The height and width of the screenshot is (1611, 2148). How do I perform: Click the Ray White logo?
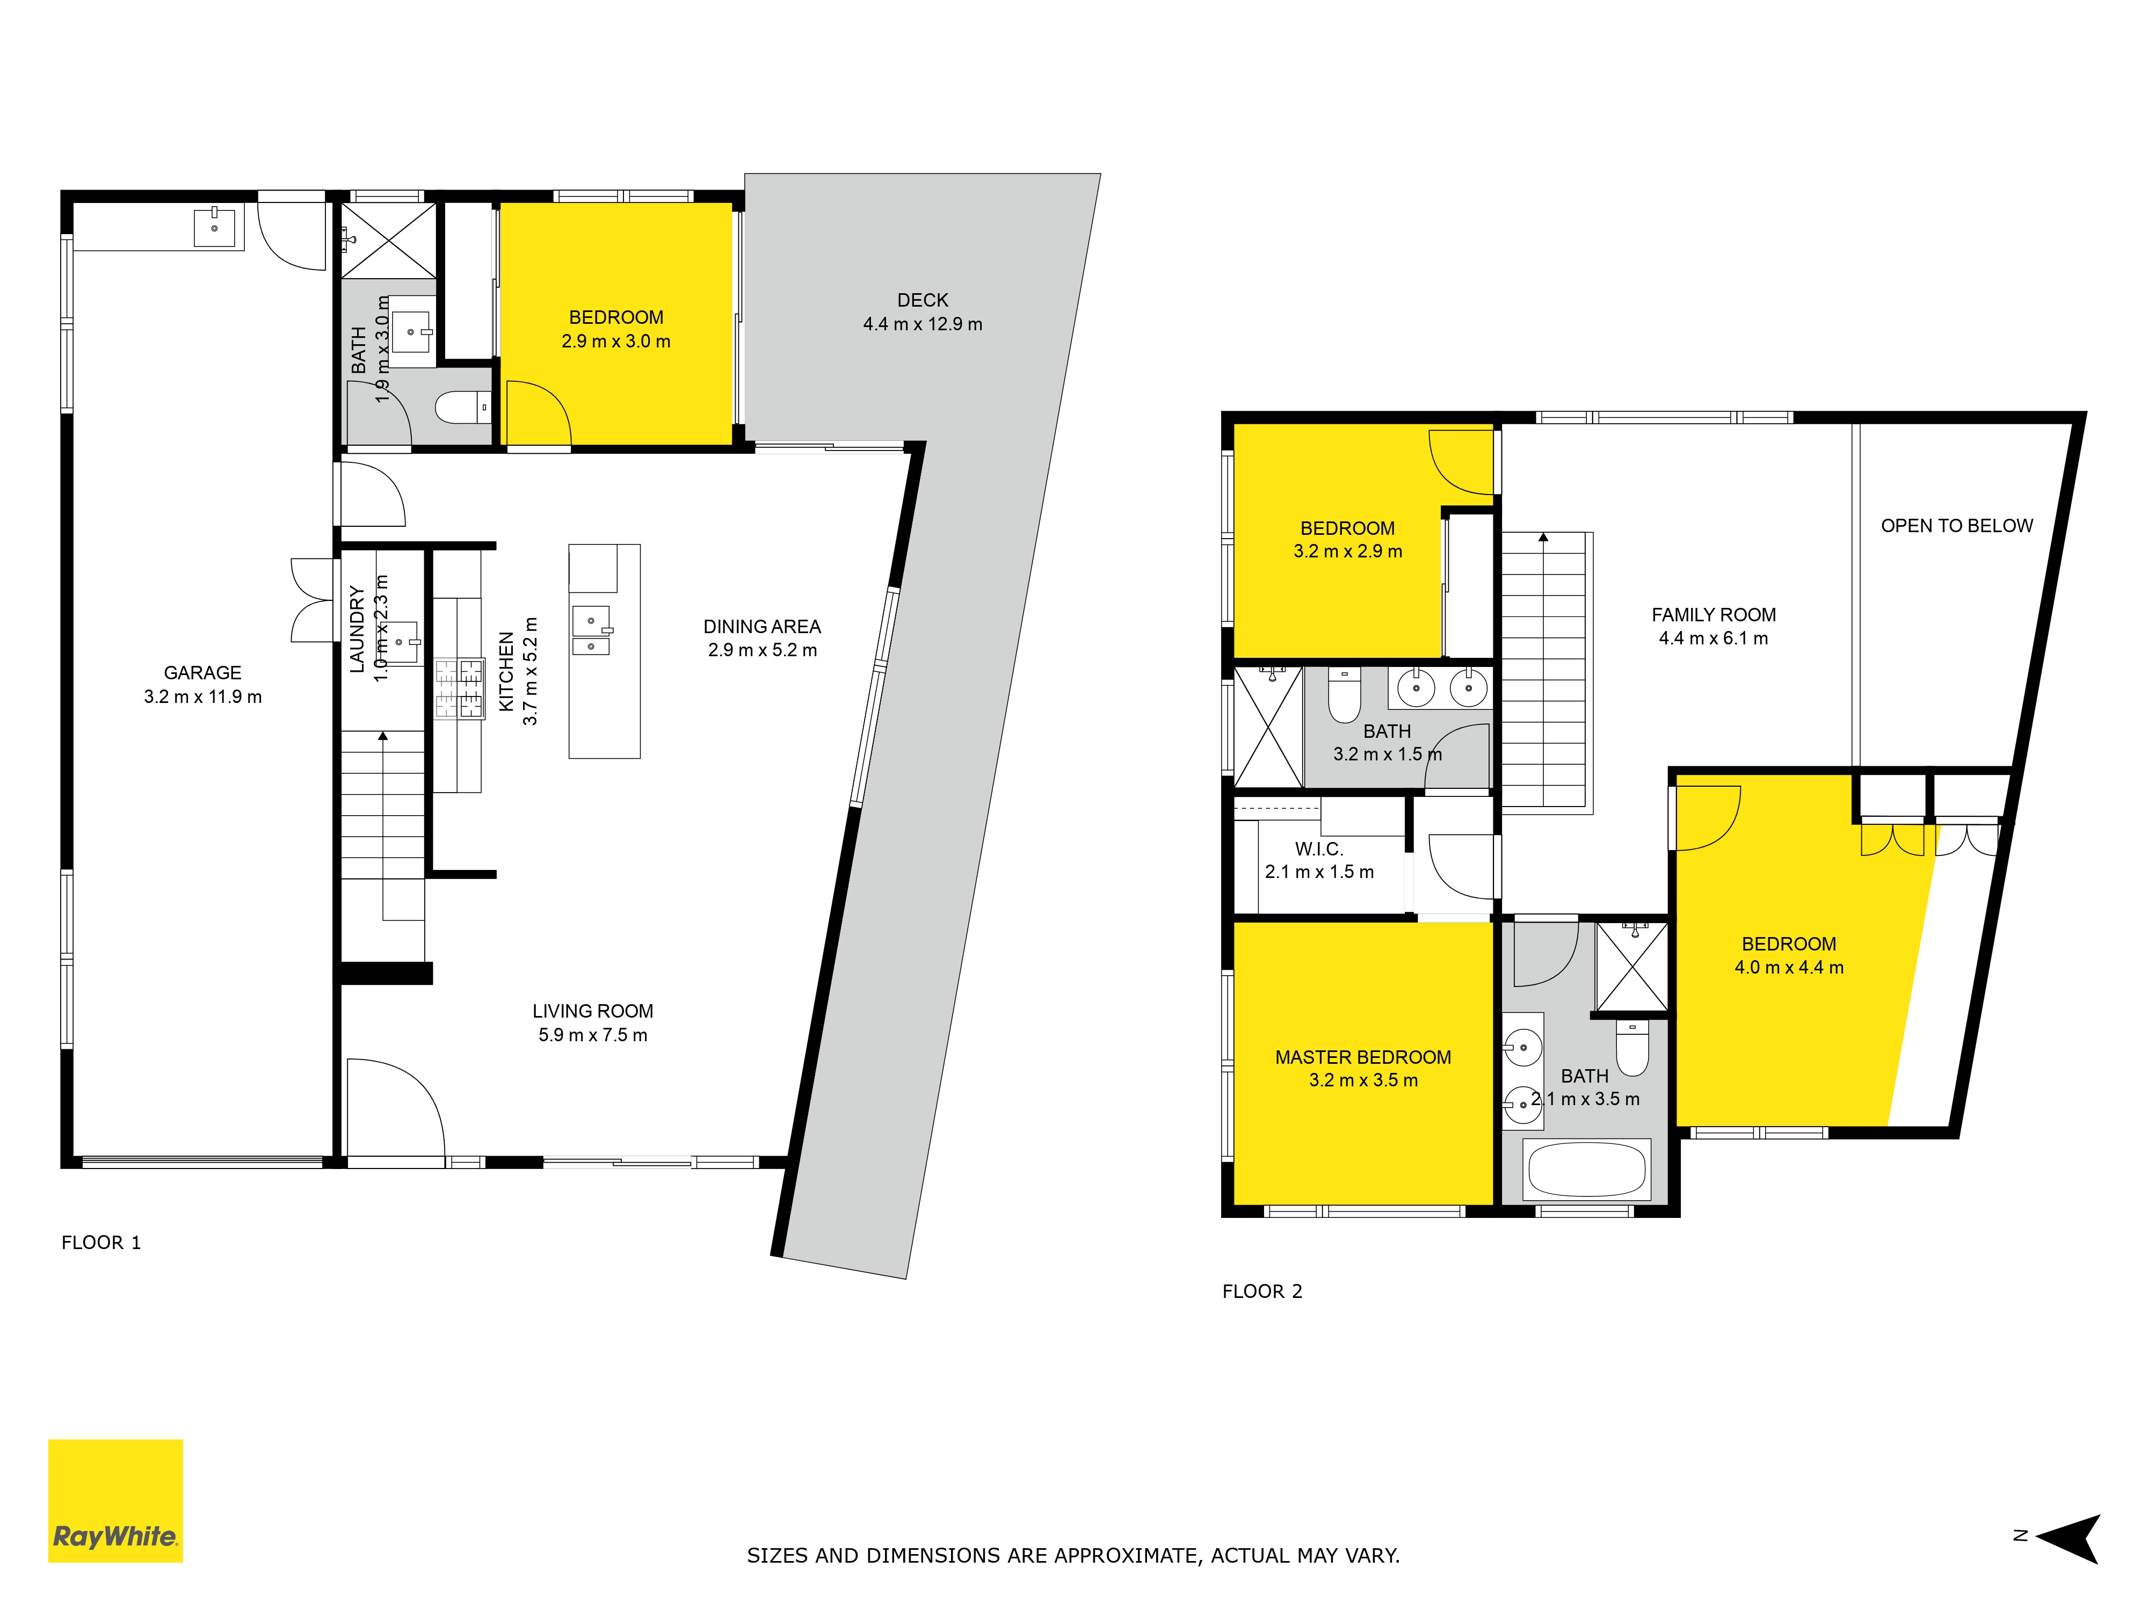[x=115, y=1500]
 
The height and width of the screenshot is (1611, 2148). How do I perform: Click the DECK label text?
[x=923, y=300]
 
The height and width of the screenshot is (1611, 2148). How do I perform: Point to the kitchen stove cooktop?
[x=459, y=688]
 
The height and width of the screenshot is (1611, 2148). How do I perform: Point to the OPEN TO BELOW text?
[x=1957, y=525]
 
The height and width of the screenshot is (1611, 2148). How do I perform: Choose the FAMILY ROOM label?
[x=1714, y=615]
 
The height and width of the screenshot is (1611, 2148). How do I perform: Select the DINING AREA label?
[x=763, y=626]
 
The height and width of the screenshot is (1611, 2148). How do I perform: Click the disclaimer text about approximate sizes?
[x=1073, y=1556]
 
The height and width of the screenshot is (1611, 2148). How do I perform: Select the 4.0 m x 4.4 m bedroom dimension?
[x=1789, y=967]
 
